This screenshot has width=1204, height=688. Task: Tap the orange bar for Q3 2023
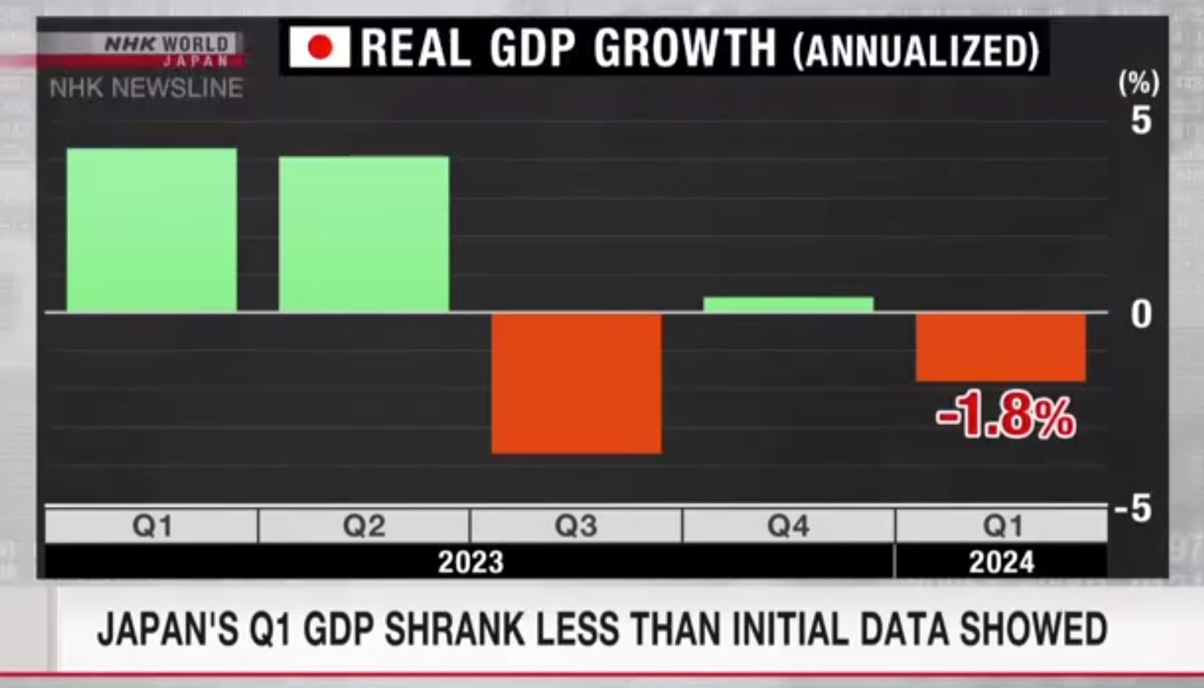point(576,383)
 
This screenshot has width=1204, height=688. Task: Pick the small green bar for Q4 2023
point(788,305)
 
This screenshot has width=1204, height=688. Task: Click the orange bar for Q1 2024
point(1000,347)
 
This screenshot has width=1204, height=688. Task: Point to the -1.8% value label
point(1006,417)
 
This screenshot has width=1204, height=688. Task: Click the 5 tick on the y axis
point(1141,121)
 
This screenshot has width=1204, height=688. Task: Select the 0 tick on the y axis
point(1141,314)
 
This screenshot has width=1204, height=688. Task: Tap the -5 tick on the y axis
point(1133,509)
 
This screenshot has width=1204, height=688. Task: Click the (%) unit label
point(1138,83)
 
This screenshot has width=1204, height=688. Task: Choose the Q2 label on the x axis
point(364,526)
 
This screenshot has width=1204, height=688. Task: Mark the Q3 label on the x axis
point(576,526)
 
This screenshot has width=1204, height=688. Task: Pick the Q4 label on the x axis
point(788,526)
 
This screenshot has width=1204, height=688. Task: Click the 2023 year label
point(470,562)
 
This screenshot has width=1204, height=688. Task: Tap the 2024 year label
point(1001,562)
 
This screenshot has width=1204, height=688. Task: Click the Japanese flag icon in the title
point(319,47)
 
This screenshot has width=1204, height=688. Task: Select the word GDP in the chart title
point(532,48)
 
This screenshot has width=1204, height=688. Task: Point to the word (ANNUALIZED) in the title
point(916,50)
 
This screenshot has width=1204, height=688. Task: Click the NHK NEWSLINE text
point(147,89)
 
